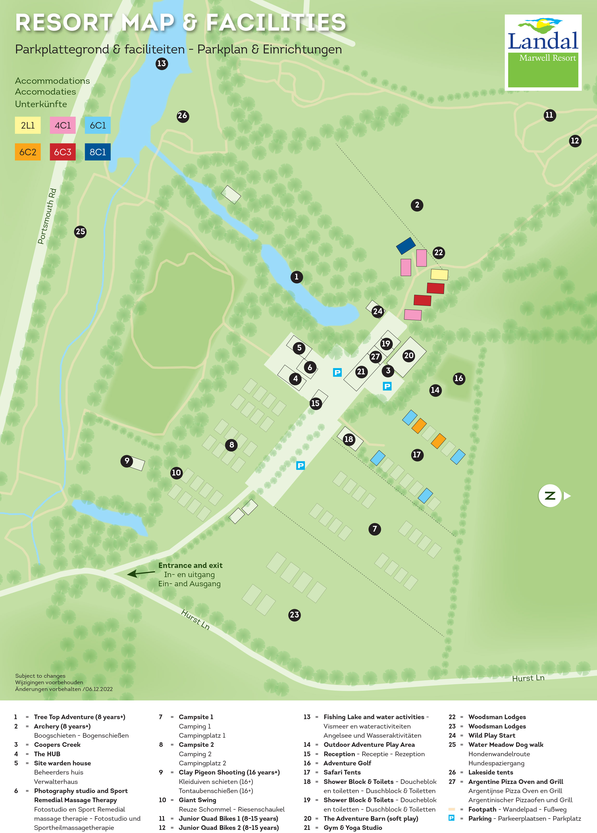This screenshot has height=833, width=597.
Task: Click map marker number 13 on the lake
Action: tap(162, 64)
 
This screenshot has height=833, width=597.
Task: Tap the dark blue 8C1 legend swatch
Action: tap(98, 152)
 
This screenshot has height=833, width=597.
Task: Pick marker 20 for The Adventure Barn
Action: tap(409, 356)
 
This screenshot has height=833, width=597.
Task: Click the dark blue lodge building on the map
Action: tap(406, 246)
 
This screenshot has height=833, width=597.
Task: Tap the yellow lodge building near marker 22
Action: tap(439, 274)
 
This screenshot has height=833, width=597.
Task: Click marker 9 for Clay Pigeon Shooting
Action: tap(127, 461)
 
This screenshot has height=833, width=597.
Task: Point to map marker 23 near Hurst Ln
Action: tap(294, 615)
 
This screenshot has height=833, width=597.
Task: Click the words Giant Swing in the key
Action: tap(197, 800)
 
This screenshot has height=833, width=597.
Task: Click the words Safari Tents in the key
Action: tap(342, 772)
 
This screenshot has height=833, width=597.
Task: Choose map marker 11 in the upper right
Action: tap(549, 115)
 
